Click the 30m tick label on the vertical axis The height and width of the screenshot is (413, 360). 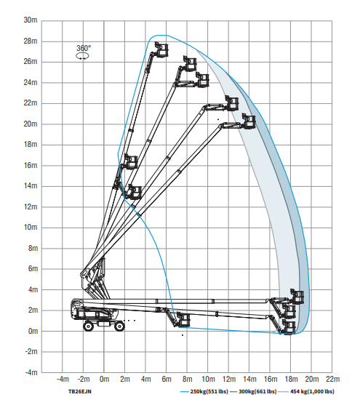point(31,20)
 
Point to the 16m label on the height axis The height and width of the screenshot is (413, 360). point(31,165)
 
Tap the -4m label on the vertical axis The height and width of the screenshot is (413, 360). point(31,372)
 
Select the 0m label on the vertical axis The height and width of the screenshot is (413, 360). point(33,331)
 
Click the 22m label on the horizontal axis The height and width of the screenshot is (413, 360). point(333,380)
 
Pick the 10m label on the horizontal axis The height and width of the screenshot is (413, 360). point(208,380)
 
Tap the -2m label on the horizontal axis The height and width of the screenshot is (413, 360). point(84,380)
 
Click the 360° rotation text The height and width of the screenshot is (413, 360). point(84,48)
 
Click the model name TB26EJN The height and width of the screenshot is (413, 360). point(80,392)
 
